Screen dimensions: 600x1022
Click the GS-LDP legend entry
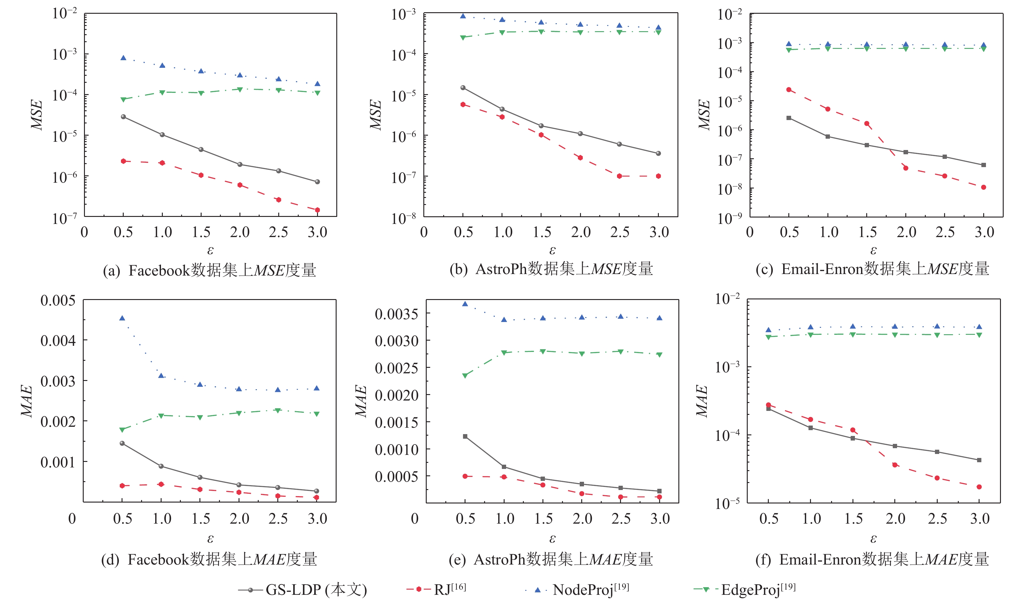(x=302, y=589)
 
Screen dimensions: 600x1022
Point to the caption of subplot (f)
(x=872, y=560)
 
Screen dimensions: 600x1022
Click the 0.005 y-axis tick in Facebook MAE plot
(x=58, y=301)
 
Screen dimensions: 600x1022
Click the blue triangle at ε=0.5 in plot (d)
(x=122, y=318)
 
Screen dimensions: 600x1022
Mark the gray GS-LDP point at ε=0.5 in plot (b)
(x=463, y=88)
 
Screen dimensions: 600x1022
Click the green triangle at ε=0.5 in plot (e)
(x=465, y=376)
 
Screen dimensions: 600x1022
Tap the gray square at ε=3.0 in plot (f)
(x=979, y=460)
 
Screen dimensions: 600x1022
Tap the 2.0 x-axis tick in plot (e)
(x=582, y=519)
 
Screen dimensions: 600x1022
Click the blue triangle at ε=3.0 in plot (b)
(x=658, y=28)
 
